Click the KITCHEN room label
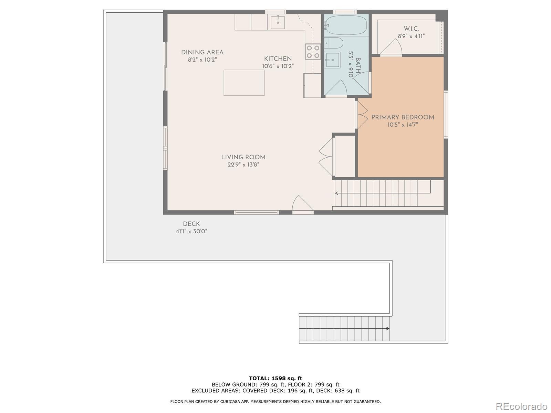278,59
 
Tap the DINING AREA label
202,52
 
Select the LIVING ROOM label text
243,157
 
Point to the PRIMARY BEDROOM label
403,117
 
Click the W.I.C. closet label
411,29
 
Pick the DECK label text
191,224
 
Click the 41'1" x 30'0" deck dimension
191,231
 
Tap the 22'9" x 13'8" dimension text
243,165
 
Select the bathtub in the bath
346,25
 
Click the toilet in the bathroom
333,43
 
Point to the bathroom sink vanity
332,60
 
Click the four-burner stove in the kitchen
313,52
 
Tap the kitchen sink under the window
278,22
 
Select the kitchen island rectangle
244,83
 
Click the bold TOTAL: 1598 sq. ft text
275,378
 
